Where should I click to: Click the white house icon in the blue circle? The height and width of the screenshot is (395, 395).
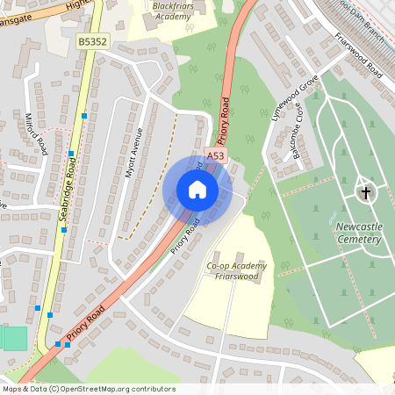tap(197, 190)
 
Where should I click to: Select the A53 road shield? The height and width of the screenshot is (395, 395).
tap(215, 155)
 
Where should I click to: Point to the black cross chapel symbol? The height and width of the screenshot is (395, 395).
tap(364, 190)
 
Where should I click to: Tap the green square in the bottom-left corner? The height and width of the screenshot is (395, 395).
tap(14, 338)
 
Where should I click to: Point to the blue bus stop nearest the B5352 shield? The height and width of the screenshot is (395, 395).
tap(84, 115)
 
